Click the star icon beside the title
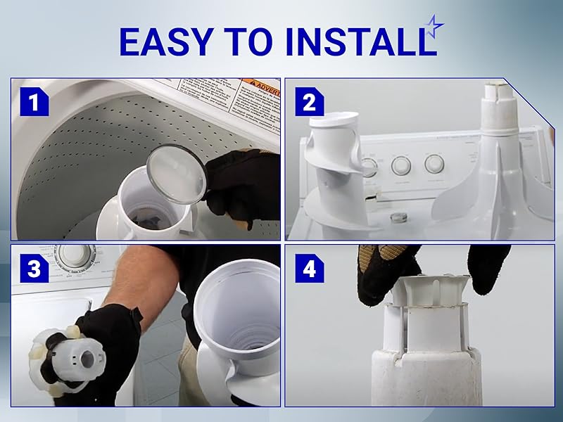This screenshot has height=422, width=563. point(436,27)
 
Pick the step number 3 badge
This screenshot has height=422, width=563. point(33,269)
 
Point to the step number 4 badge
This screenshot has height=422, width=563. point(309,269)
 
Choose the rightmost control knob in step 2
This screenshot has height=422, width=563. point(434,164)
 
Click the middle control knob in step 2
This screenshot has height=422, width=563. point(400,166)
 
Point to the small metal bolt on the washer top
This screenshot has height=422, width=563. point(398,214)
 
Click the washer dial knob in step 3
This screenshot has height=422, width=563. point(70,255)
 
